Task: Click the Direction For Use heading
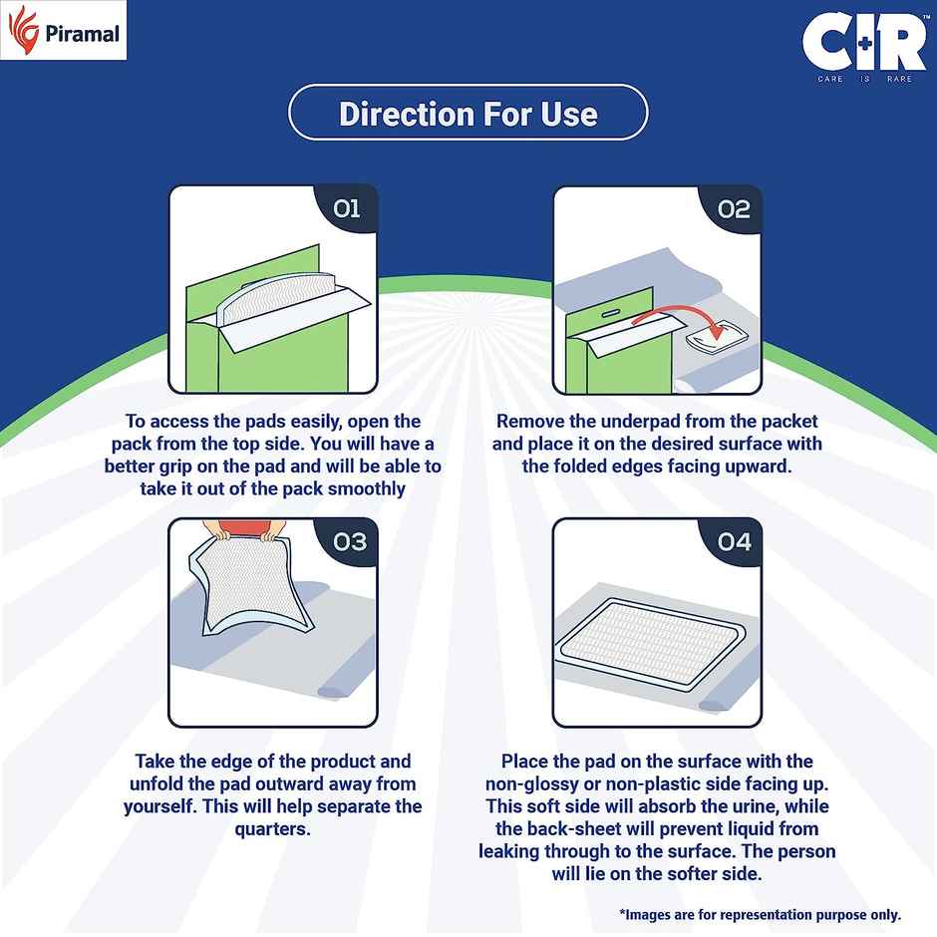pyautogui.click(x=468, y=113)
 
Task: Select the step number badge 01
pyautogui.click(x=346, y=209)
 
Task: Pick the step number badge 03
pyautogui.click(x=346, y=542)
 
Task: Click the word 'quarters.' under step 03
pyautogui.click(x=272, y=829)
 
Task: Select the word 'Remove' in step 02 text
pyautogui.click(x=530, y=422)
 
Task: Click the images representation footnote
pyautogui.click(x=760, y=914)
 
